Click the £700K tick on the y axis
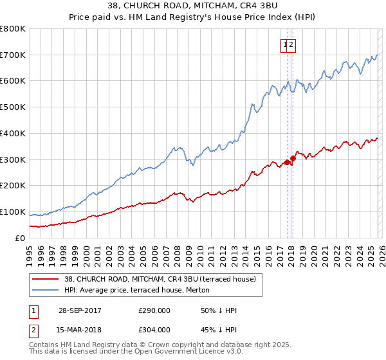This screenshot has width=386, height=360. (x=13, y=55)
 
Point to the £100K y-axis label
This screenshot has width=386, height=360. (x=13, y=212)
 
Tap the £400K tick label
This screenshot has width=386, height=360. (x=13, y=133)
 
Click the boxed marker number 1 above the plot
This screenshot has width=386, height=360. (x=284, y=44)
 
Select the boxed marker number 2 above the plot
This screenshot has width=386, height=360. (x=291, y=44)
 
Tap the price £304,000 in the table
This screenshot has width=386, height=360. (x=154, y=329)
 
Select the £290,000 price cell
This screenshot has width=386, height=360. (x=154, y=310)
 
